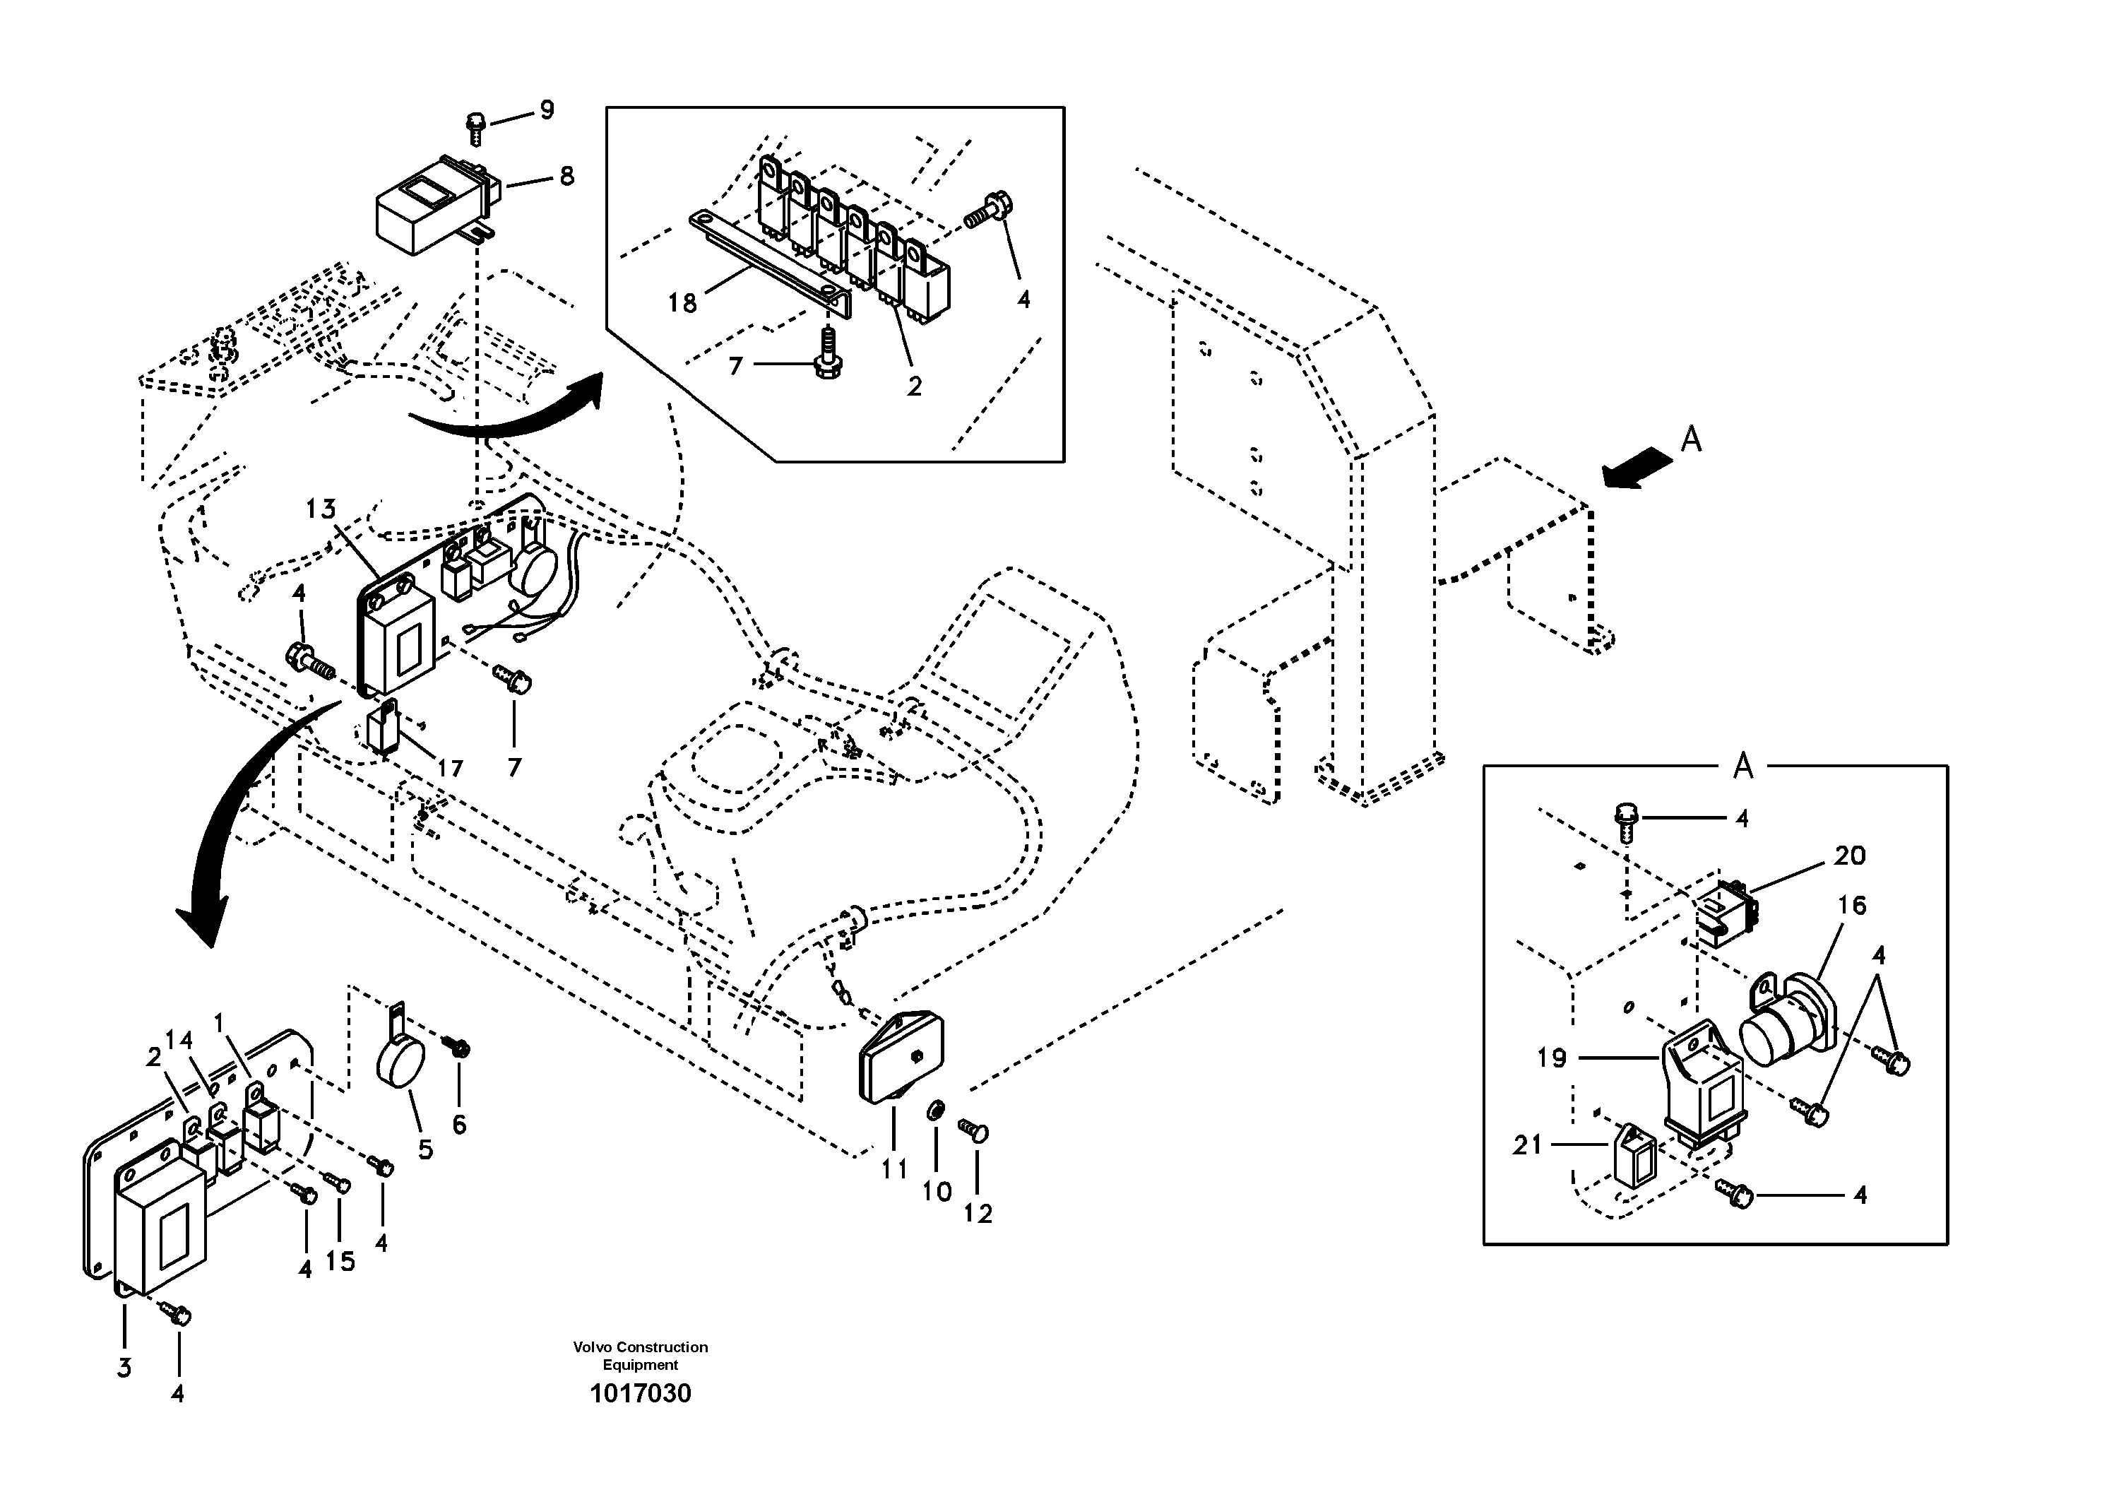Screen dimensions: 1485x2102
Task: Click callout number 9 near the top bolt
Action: pyautogui.click(x=547, y=111)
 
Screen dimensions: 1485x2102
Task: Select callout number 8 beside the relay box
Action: pyautogui.click(x=566, y=176)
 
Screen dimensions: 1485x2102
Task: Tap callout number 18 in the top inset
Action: pyautogui.click(x=682, y=303)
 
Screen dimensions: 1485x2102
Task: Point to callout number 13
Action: pyautogui.click(x=321, y=509)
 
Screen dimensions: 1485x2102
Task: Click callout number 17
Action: pyautogui.click(x=449, y=768)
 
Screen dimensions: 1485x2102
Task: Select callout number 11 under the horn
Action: pyautogui.click(x=894, y=1169)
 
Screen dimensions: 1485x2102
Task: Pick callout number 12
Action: pyautogui.click(x=978, y=1214)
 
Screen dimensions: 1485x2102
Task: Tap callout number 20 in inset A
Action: pyautogui.click(x=1849, y=856)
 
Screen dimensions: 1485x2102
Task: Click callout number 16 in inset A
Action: pyautogui.click(x=1851, y=906)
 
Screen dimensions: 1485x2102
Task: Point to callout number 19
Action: pyautogui.click(x=1552, y=1058)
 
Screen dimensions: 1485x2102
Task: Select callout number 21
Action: pyautogui.click(x=1527, y=1144)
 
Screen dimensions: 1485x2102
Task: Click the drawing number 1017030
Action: pyautogui.click(x=640, y=1393)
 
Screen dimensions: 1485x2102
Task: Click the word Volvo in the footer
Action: pyautogui.click(x=590, y=1347)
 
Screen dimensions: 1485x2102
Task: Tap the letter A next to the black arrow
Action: pyautogui.click(x=1691, y=440)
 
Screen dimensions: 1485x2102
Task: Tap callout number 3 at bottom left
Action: pyautogui.click(x=124, y=1368)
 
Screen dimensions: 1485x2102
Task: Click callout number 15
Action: pyautogui.click(x=340, y=1260)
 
